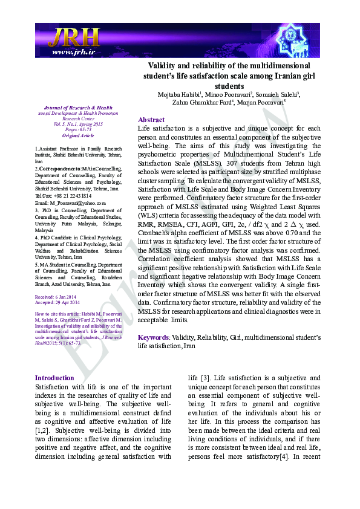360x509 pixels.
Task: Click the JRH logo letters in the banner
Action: point(73,37)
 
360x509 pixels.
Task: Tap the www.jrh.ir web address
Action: point(73,52)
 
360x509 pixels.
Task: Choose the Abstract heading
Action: point(151,120)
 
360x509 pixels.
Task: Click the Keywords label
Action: point(153,337)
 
